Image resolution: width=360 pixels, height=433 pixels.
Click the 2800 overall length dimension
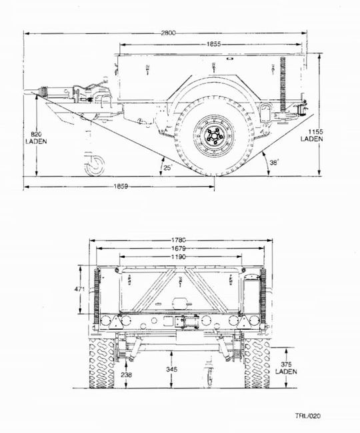168,33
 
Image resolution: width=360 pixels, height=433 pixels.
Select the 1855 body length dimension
213,44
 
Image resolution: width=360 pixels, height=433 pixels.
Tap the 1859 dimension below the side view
121,187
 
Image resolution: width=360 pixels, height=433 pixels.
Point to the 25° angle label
168,168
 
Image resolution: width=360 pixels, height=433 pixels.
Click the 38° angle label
274,163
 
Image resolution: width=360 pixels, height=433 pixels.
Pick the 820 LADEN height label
36,138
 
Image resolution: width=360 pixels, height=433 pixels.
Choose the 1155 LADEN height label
311,135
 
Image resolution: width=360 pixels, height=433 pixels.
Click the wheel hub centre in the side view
214,136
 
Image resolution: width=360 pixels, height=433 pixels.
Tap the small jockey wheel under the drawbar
95,166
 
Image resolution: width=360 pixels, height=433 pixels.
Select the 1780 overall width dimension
179,240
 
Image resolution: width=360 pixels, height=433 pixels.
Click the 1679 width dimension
179,248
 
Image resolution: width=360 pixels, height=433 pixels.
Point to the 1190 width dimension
179,257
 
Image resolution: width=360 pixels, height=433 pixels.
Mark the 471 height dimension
79,289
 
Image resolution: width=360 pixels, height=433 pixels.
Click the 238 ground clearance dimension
127,375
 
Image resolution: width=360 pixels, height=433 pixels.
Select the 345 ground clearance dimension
171,369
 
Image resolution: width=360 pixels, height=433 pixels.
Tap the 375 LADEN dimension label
286,368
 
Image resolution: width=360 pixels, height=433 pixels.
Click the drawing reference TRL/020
308,416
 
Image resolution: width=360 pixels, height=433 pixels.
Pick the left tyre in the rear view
102,363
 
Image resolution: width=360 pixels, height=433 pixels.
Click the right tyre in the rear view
257,363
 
